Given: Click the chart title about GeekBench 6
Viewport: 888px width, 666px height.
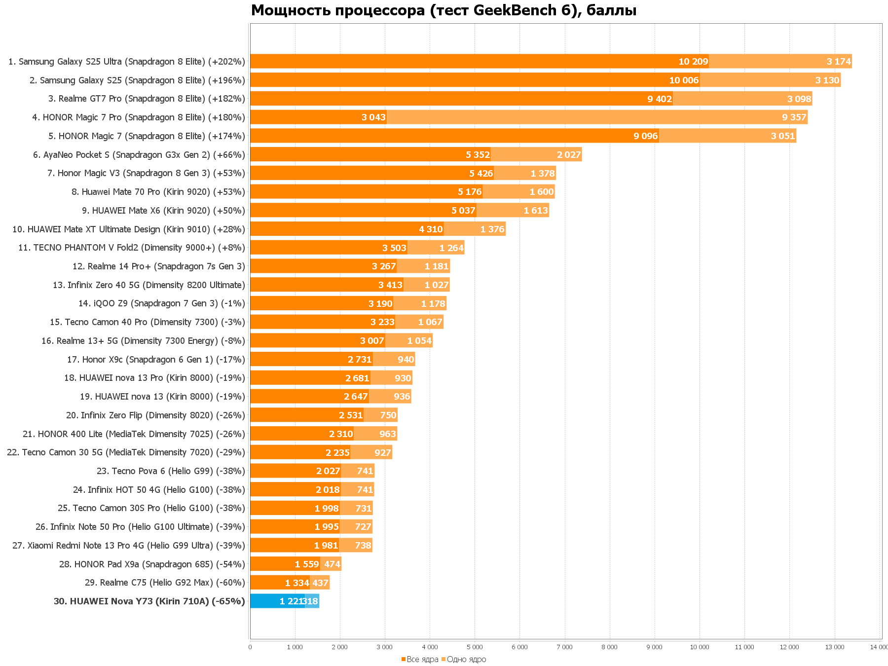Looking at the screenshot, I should tap(444, 10).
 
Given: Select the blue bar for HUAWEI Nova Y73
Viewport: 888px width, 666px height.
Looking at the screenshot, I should tap(277, 601).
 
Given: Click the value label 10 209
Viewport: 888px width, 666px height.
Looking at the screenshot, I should tap(693, 62).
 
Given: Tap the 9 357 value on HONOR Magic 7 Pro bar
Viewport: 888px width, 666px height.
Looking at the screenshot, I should tap(794, 117).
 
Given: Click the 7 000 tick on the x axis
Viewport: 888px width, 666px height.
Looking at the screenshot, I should tap(564, 647).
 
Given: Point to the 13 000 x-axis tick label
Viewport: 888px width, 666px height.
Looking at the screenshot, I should tap(834, 647).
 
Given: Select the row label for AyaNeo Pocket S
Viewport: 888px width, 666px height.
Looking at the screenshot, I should tap(139, 155).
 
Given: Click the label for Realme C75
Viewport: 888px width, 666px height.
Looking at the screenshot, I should tap(165, 583).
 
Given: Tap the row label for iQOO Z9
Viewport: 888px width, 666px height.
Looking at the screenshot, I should tap(162, 303).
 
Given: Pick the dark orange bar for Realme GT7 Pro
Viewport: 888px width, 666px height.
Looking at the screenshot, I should tap(461, 99).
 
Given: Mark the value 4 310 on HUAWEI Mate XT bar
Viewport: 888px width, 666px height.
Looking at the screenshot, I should tap(431, 229).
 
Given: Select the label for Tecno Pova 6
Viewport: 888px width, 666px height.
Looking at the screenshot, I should tap(171, 471).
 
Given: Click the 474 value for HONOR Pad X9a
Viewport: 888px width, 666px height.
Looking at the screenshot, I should tap(332, 564).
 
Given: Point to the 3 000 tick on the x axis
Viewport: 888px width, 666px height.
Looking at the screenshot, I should tap(384, 647).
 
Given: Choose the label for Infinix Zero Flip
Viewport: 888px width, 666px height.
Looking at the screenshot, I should tap(155, 415).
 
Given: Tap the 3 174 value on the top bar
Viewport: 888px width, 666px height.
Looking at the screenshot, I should tap(839, 62).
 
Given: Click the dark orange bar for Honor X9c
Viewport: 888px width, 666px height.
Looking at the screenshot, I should tap(311, 359).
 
